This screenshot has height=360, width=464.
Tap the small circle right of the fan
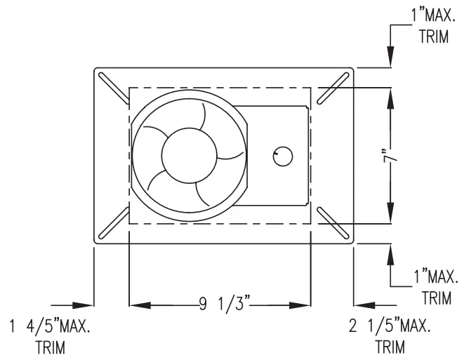[x=282, y=155]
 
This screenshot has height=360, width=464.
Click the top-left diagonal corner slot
[x=113, y=88]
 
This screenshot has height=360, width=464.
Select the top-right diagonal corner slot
[x=334, y=88]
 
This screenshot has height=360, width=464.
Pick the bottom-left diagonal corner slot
[x=113, y=223]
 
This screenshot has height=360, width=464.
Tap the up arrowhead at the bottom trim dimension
[x=390, y=251]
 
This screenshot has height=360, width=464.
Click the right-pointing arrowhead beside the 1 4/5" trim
[x=86, y=305]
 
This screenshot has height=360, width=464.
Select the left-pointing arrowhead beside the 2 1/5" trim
[x=361, y=305]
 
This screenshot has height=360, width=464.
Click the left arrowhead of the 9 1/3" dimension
[x=137, y=305]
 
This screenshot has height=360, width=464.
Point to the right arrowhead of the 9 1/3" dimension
[x=303, y=305]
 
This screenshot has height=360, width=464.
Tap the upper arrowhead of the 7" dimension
[x=390, y=95]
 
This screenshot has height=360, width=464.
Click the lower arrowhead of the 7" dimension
[x=390, y=215]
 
